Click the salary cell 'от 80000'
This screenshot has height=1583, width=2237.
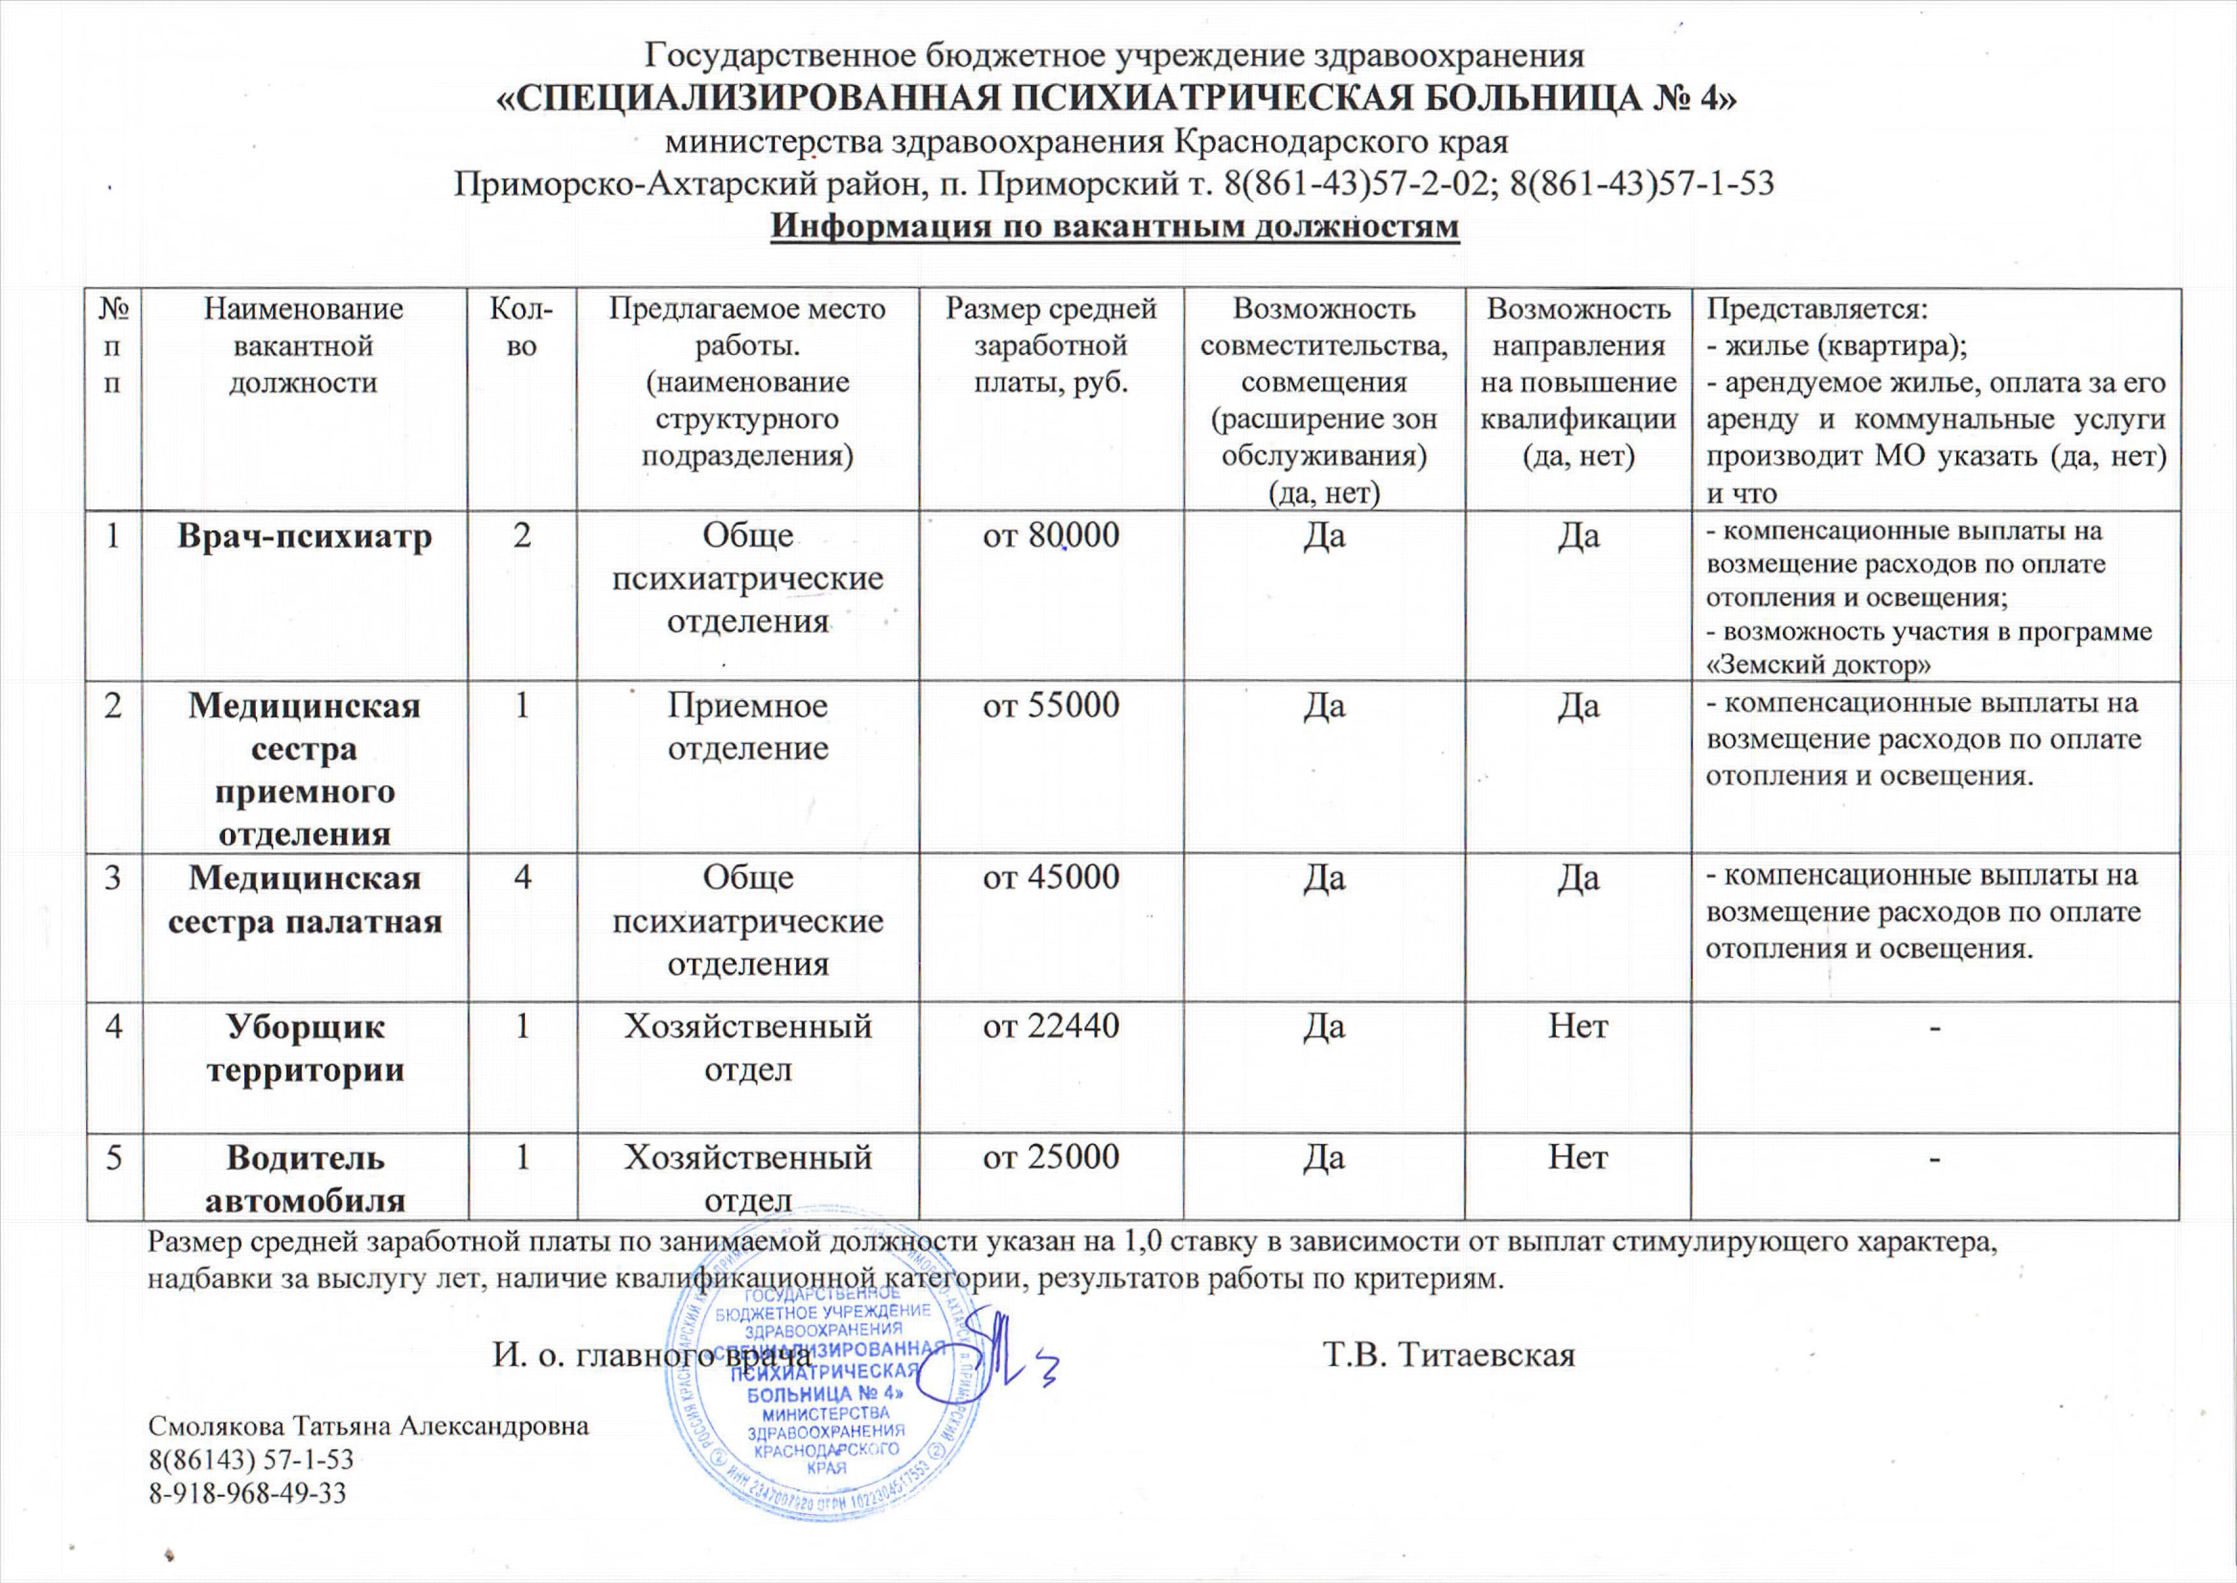pos(1051,536)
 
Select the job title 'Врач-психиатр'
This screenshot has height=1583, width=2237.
pos(304,537)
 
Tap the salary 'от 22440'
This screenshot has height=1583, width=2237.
pos(1051,1026)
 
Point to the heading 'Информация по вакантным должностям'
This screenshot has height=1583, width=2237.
pos(1114,226)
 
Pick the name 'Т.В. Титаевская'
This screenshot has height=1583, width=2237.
pos(1449,1355)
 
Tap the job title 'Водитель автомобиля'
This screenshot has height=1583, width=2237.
pos(305,1178)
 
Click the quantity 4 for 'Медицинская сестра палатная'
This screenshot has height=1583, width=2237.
pos(522,877)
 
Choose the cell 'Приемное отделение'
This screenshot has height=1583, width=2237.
pos(748,726)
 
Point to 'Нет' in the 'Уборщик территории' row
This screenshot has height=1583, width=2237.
pos(1577,1026)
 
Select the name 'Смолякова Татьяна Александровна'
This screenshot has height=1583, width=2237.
pos(368,1426)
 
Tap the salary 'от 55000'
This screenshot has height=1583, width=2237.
pos(1051,706)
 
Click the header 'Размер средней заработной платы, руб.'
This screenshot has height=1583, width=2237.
pos(1051,346)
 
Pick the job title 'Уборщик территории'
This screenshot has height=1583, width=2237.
pos(305,1048)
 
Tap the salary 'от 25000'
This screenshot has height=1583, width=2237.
pos(1051,1157)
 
